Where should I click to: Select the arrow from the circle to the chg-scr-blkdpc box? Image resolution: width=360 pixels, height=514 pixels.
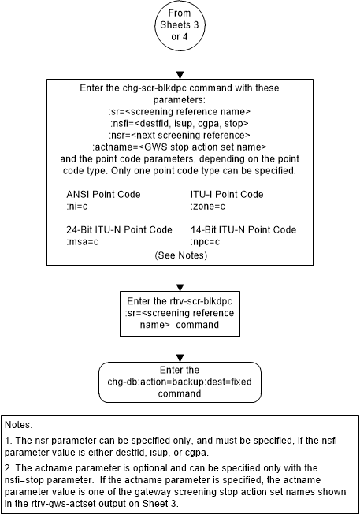pyautogui.click(x=180, y=65)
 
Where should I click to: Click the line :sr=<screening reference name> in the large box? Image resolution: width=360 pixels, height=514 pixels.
pyautogui.click(x=180, y=112)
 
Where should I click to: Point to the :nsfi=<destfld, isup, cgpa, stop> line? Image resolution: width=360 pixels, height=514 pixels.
pyautogui.click(x=180, y=123)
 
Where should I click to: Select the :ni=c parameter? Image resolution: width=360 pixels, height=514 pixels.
pyautogui.click(x=80, y=207)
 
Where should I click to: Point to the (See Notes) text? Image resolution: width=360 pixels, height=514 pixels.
pyautogui.click(x=180, y=255)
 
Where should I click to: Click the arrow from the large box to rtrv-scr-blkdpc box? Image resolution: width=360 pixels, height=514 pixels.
pyautogui.click(x=180, y=278)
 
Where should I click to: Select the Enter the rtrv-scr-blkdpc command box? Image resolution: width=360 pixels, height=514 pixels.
pyautogui.click(x=180, y=309)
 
